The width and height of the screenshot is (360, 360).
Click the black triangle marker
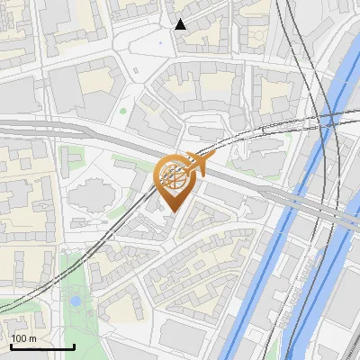coord(181,24)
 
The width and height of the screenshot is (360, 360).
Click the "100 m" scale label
coord(23,338)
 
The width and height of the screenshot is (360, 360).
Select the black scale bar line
coord(41,346)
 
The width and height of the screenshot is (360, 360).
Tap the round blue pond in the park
coord(76,301)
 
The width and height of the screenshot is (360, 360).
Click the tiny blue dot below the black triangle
coord(161,42)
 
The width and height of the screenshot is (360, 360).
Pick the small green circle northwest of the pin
coord(123,112)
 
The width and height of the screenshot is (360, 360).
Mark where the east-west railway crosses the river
coord(329,117)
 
